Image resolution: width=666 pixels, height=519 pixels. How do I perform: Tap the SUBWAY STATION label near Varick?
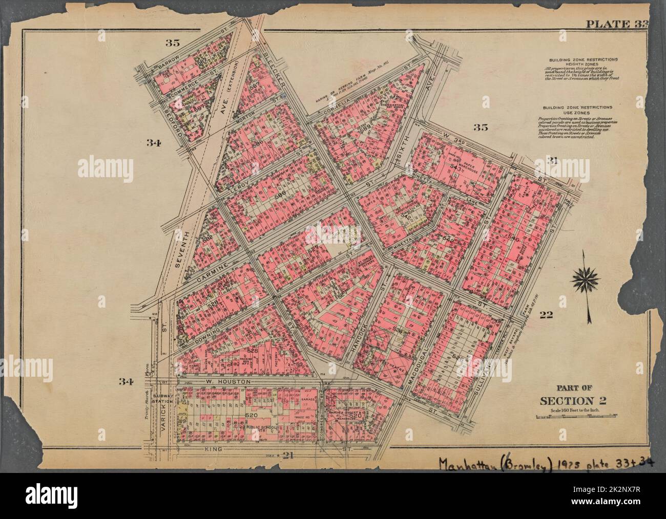point(184,398)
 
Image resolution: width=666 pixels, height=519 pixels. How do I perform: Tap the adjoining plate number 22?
point(546,316)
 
